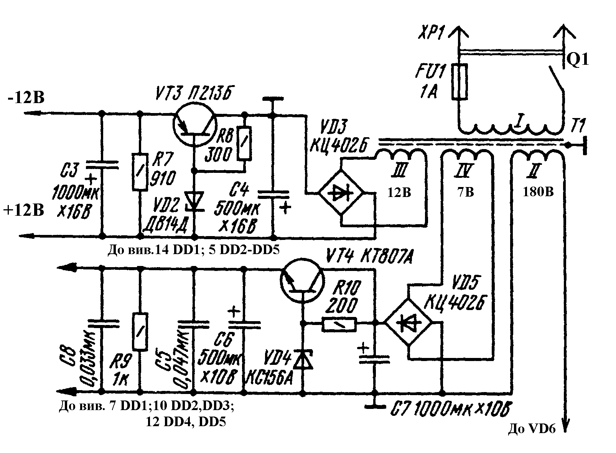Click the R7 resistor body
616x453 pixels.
140,172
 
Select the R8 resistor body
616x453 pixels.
244,143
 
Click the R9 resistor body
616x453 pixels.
140,332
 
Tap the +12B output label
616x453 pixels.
24,210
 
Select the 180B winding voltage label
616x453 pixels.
538,192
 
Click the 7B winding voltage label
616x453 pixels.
465,192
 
